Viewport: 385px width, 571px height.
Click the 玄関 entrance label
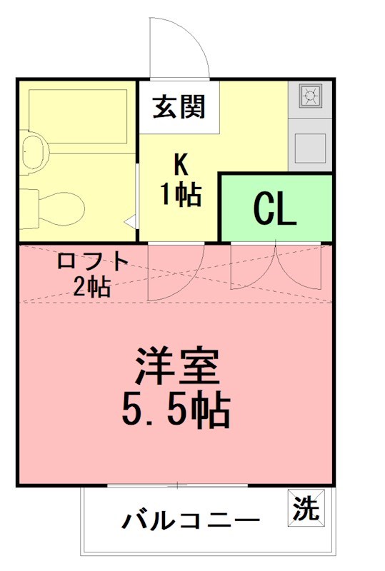(178, 107)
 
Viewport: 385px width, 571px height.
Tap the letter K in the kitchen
(179, 165)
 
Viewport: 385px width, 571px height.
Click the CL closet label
(274, 209)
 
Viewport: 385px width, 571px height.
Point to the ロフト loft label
(92, 261)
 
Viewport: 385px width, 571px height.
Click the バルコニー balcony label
(190, 520)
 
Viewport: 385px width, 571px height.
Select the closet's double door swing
(276, 268)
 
